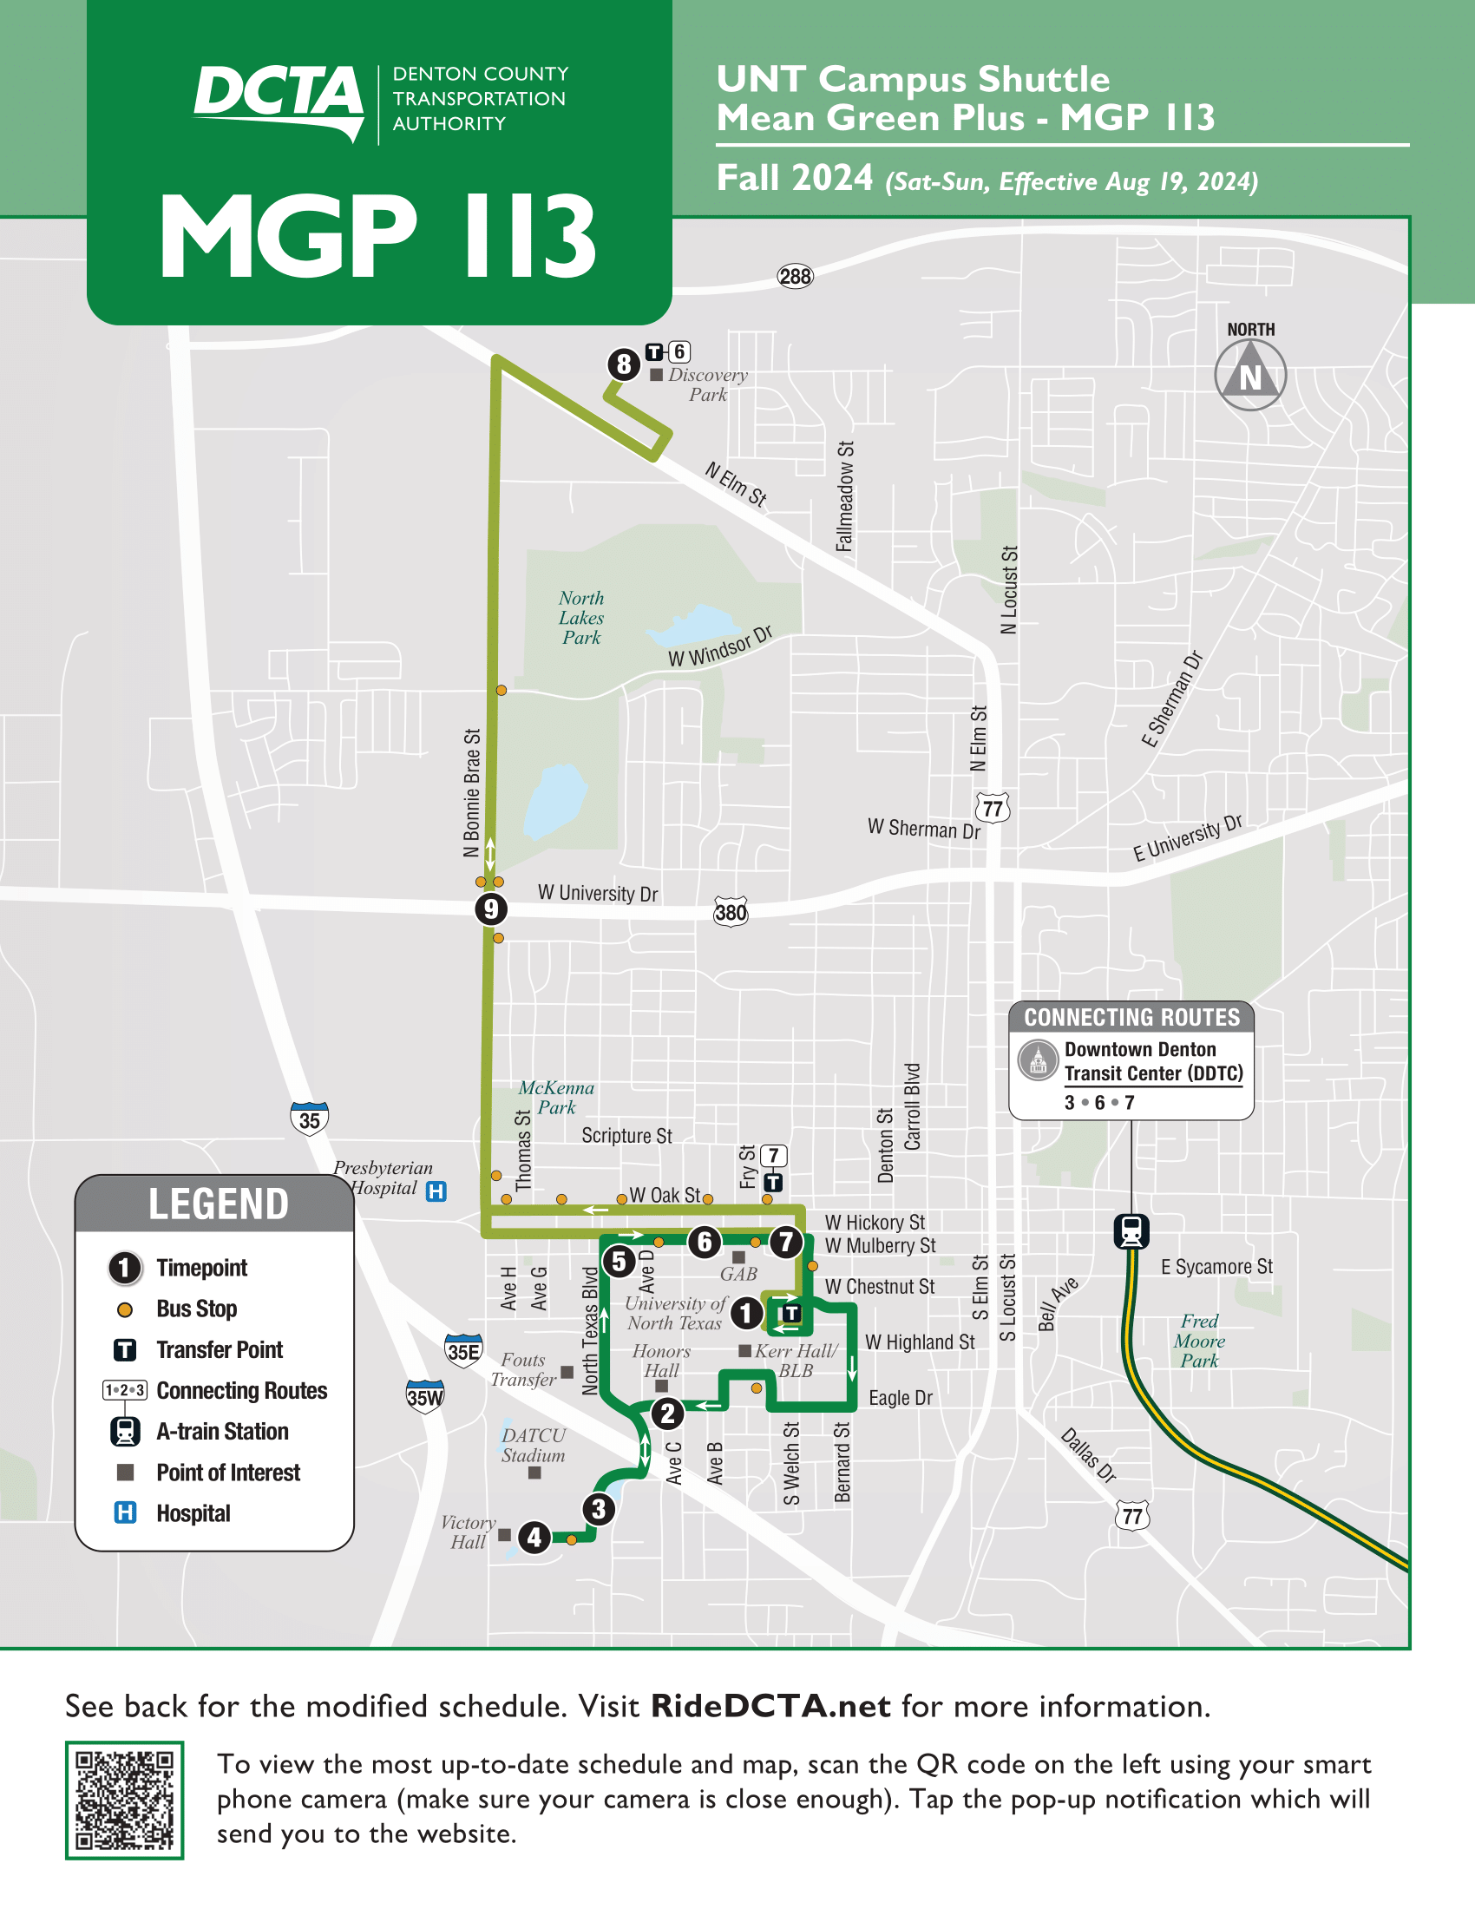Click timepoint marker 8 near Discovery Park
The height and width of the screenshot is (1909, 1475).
(623, 364)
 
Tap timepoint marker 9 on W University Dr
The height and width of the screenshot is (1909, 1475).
(491, 909)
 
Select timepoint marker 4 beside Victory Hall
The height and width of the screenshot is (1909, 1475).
(534, 1537)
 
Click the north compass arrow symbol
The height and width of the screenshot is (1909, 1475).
(1250, 375)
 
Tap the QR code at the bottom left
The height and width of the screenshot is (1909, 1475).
(124, 1800)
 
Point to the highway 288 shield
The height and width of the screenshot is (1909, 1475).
(795, 277)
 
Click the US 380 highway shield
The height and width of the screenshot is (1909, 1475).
(731, 913)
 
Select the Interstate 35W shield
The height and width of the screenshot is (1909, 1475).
(424, 1396)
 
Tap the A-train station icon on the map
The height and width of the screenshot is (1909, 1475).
(1131, 1230)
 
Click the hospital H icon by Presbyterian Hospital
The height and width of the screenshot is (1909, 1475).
(436, 1191)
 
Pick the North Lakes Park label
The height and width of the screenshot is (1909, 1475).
(581, 618)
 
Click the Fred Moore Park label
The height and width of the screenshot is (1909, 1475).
(1199, 1341)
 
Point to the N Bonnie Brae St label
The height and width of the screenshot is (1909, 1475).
(472, 792)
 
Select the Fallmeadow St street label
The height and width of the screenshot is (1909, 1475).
(844, 496)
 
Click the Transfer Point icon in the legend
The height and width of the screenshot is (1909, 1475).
(125, 1349)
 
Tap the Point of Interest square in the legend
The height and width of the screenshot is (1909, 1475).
(125, 1473)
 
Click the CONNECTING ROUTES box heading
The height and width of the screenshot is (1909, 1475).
(1131, 1018)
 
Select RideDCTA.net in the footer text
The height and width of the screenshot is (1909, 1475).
(770, 1706)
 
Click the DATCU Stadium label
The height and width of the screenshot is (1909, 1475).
(533, 1445)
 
